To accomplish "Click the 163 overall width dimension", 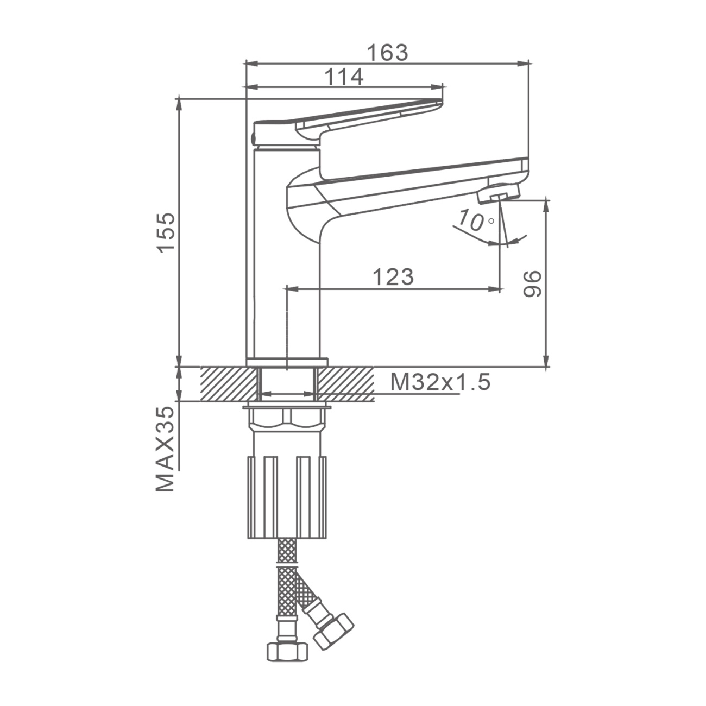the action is (x=387, y=53).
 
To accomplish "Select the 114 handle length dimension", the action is (x=344, y=77).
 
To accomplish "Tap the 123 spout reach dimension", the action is (x=393, y=277).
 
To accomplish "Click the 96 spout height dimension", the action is (x=532, y=284).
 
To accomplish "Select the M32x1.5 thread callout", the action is (x=440, y=383).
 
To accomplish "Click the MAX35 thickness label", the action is (x=165, y=449).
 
